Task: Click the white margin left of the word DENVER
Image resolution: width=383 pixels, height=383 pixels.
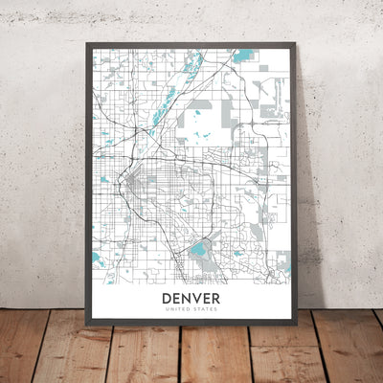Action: pyautogui.click(x=124, y=299)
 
